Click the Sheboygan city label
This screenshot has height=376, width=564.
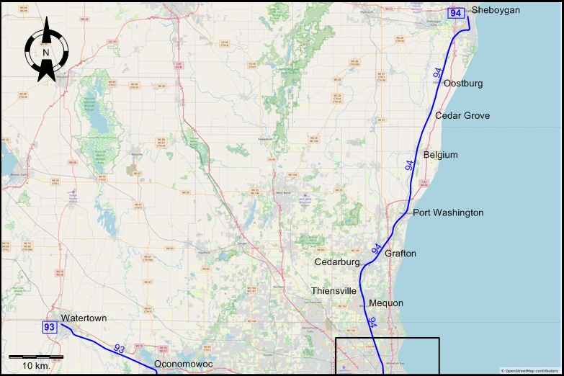coord(496,10)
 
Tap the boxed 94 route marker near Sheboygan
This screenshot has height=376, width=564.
coord(455,13)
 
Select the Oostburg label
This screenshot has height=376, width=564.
coord(463,84)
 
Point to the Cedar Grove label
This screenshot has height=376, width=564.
coord(462,116)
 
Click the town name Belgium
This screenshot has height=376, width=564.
coord(440,155)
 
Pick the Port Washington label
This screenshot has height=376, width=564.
coord(448,213)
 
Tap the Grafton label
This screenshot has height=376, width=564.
coord(400,254)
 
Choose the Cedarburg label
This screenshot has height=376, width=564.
coord(337,262)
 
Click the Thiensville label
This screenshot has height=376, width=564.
coord(334,291)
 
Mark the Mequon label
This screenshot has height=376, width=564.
coord(386,303)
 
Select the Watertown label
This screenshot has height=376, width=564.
coord(84,318)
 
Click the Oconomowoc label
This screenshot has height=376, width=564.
coord(184,364)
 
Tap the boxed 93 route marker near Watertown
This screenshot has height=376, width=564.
coord(49,328)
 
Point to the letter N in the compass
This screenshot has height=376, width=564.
coord(46,52)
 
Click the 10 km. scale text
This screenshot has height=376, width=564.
coord(35,367)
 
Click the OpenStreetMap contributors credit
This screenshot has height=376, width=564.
coord(531,371)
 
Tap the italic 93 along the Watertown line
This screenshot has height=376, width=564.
coord(120,349)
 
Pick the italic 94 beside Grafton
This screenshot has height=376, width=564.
coord(377,249)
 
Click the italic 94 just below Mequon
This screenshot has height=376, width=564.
coord(372,322)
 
